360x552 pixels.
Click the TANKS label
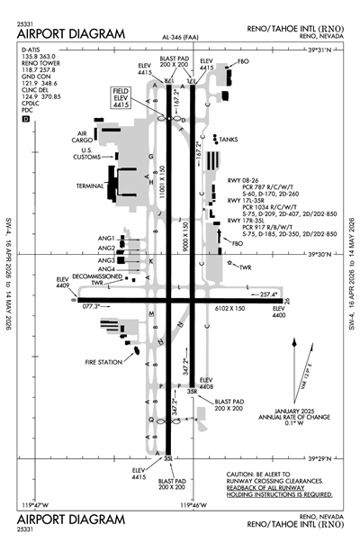[229, 140]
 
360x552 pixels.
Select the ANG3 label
[106, 259]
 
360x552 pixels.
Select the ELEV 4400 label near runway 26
[284, 312]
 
